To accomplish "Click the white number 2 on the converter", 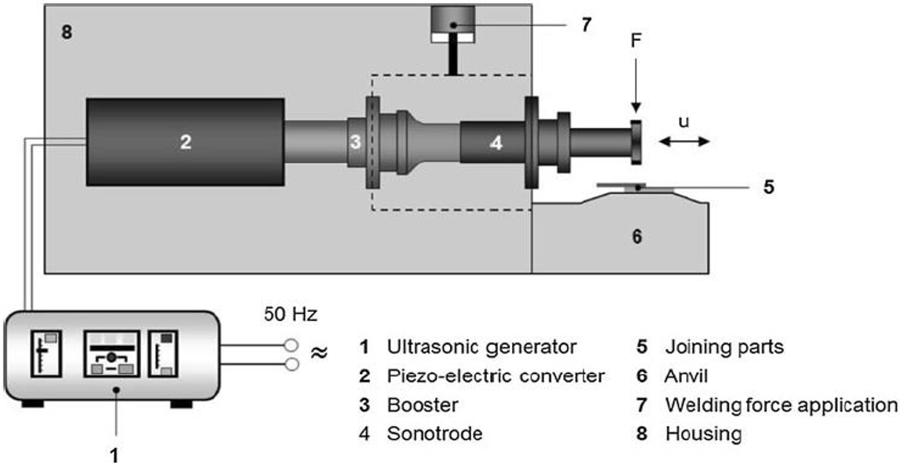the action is point(186,142).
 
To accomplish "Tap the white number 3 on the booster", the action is point(355,142).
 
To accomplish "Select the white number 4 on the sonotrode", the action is point(496,143).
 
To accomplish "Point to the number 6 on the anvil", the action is point(637,236).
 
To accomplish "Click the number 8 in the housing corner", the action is point(67,32).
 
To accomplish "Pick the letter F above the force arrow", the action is point(636,40).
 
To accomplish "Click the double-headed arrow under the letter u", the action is point(684,141).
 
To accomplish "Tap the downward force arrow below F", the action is point(636,86).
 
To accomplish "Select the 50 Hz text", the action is point(290,314).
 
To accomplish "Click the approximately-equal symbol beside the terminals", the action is point(319,353).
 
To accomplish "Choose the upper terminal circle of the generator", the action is point(291,345).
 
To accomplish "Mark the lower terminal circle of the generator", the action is point(292,364).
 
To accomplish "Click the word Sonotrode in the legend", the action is point(435,433).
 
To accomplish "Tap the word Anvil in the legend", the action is point(686,376).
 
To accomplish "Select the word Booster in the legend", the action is point(423,405).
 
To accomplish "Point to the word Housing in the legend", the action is point(704,434).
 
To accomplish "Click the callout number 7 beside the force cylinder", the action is point(586,25).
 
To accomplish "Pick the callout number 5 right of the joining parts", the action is point(769,187).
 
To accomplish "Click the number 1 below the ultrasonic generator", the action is point(115,456).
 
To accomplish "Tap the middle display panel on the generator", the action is point(112,354).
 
